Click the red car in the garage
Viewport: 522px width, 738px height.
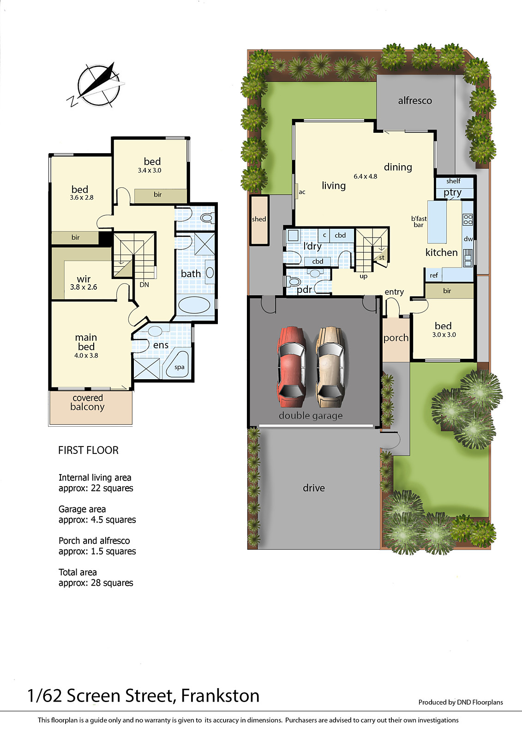[x=292, y=363]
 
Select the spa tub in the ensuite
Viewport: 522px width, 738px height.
[x=178, y=365]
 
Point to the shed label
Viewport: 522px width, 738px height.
[x=259, y=219]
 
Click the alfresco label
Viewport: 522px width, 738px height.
[x=415, y=101]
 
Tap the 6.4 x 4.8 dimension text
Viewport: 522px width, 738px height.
[x=366, y=176]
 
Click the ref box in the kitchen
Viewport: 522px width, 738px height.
[x=434, y=275]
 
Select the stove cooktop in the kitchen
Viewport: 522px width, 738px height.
[x=468, y=220]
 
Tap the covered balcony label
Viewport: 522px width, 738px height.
[x=87, y=402]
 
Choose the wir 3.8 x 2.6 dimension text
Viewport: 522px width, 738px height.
[x=84, y=287]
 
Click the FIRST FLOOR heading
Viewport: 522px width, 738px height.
[x=88, y=450]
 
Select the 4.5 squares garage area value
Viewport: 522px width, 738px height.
[x=114, y=519]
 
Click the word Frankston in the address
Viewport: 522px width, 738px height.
[x=220, y=696]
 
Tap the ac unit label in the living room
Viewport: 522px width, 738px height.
[x=302, y=192]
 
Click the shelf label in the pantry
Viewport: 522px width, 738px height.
[x=453, y=181]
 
